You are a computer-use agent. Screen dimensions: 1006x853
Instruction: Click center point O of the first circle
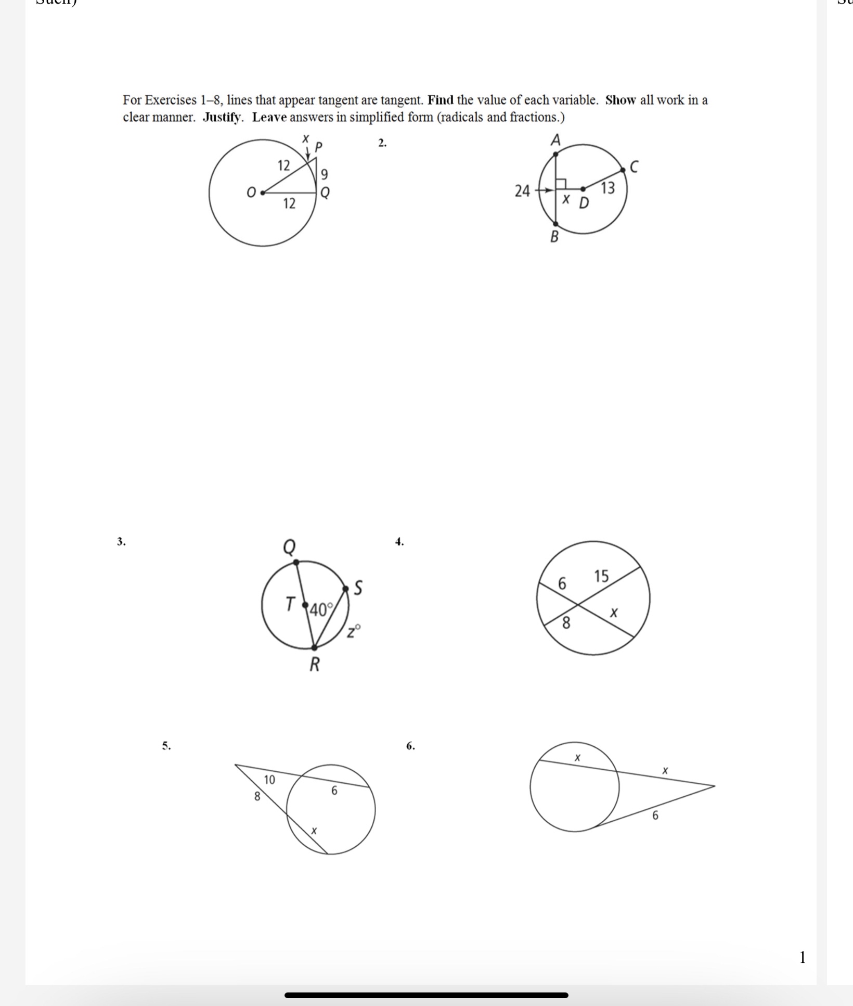pos(263,192)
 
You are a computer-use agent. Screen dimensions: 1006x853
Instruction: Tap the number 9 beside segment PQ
pos(324,174)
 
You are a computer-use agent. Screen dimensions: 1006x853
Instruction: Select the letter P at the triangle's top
pos(319,147)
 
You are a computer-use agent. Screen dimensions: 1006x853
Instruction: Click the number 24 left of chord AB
pos(522,191)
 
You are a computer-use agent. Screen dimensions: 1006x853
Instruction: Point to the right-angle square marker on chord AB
pos(561,184)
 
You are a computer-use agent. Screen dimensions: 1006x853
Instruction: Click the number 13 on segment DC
pos(608,188)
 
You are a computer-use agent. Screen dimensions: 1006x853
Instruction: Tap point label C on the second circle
pos(634,167)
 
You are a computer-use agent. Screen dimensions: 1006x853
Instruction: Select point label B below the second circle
pos(554,237)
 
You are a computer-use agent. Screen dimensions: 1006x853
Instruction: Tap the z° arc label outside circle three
pos(354,632)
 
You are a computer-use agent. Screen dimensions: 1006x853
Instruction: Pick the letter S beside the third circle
pos(358,588)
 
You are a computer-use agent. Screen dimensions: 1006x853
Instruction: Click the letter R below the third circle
pos(315,665)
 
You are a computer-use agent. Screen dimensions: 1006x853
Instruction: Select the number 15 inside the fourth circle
pos(601,576)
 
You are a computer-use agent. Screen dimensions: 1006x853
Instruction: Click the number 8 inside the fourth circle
pos(566,622)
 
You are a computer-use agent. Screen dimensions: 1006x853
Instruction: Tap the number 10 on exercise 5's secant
pos(269,780)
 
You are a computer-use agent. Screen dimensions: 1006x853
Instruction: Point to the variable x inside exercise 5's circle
pos(314,831)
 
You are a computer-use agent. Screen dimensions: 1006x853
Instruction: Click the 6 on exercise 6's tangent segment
pos(655,816)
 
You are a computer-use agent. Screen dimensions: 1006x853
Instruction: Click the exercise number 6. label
pos(410,746)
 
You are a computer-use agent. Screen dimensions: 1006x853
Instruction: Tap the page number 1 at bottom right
pos(803,957)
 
